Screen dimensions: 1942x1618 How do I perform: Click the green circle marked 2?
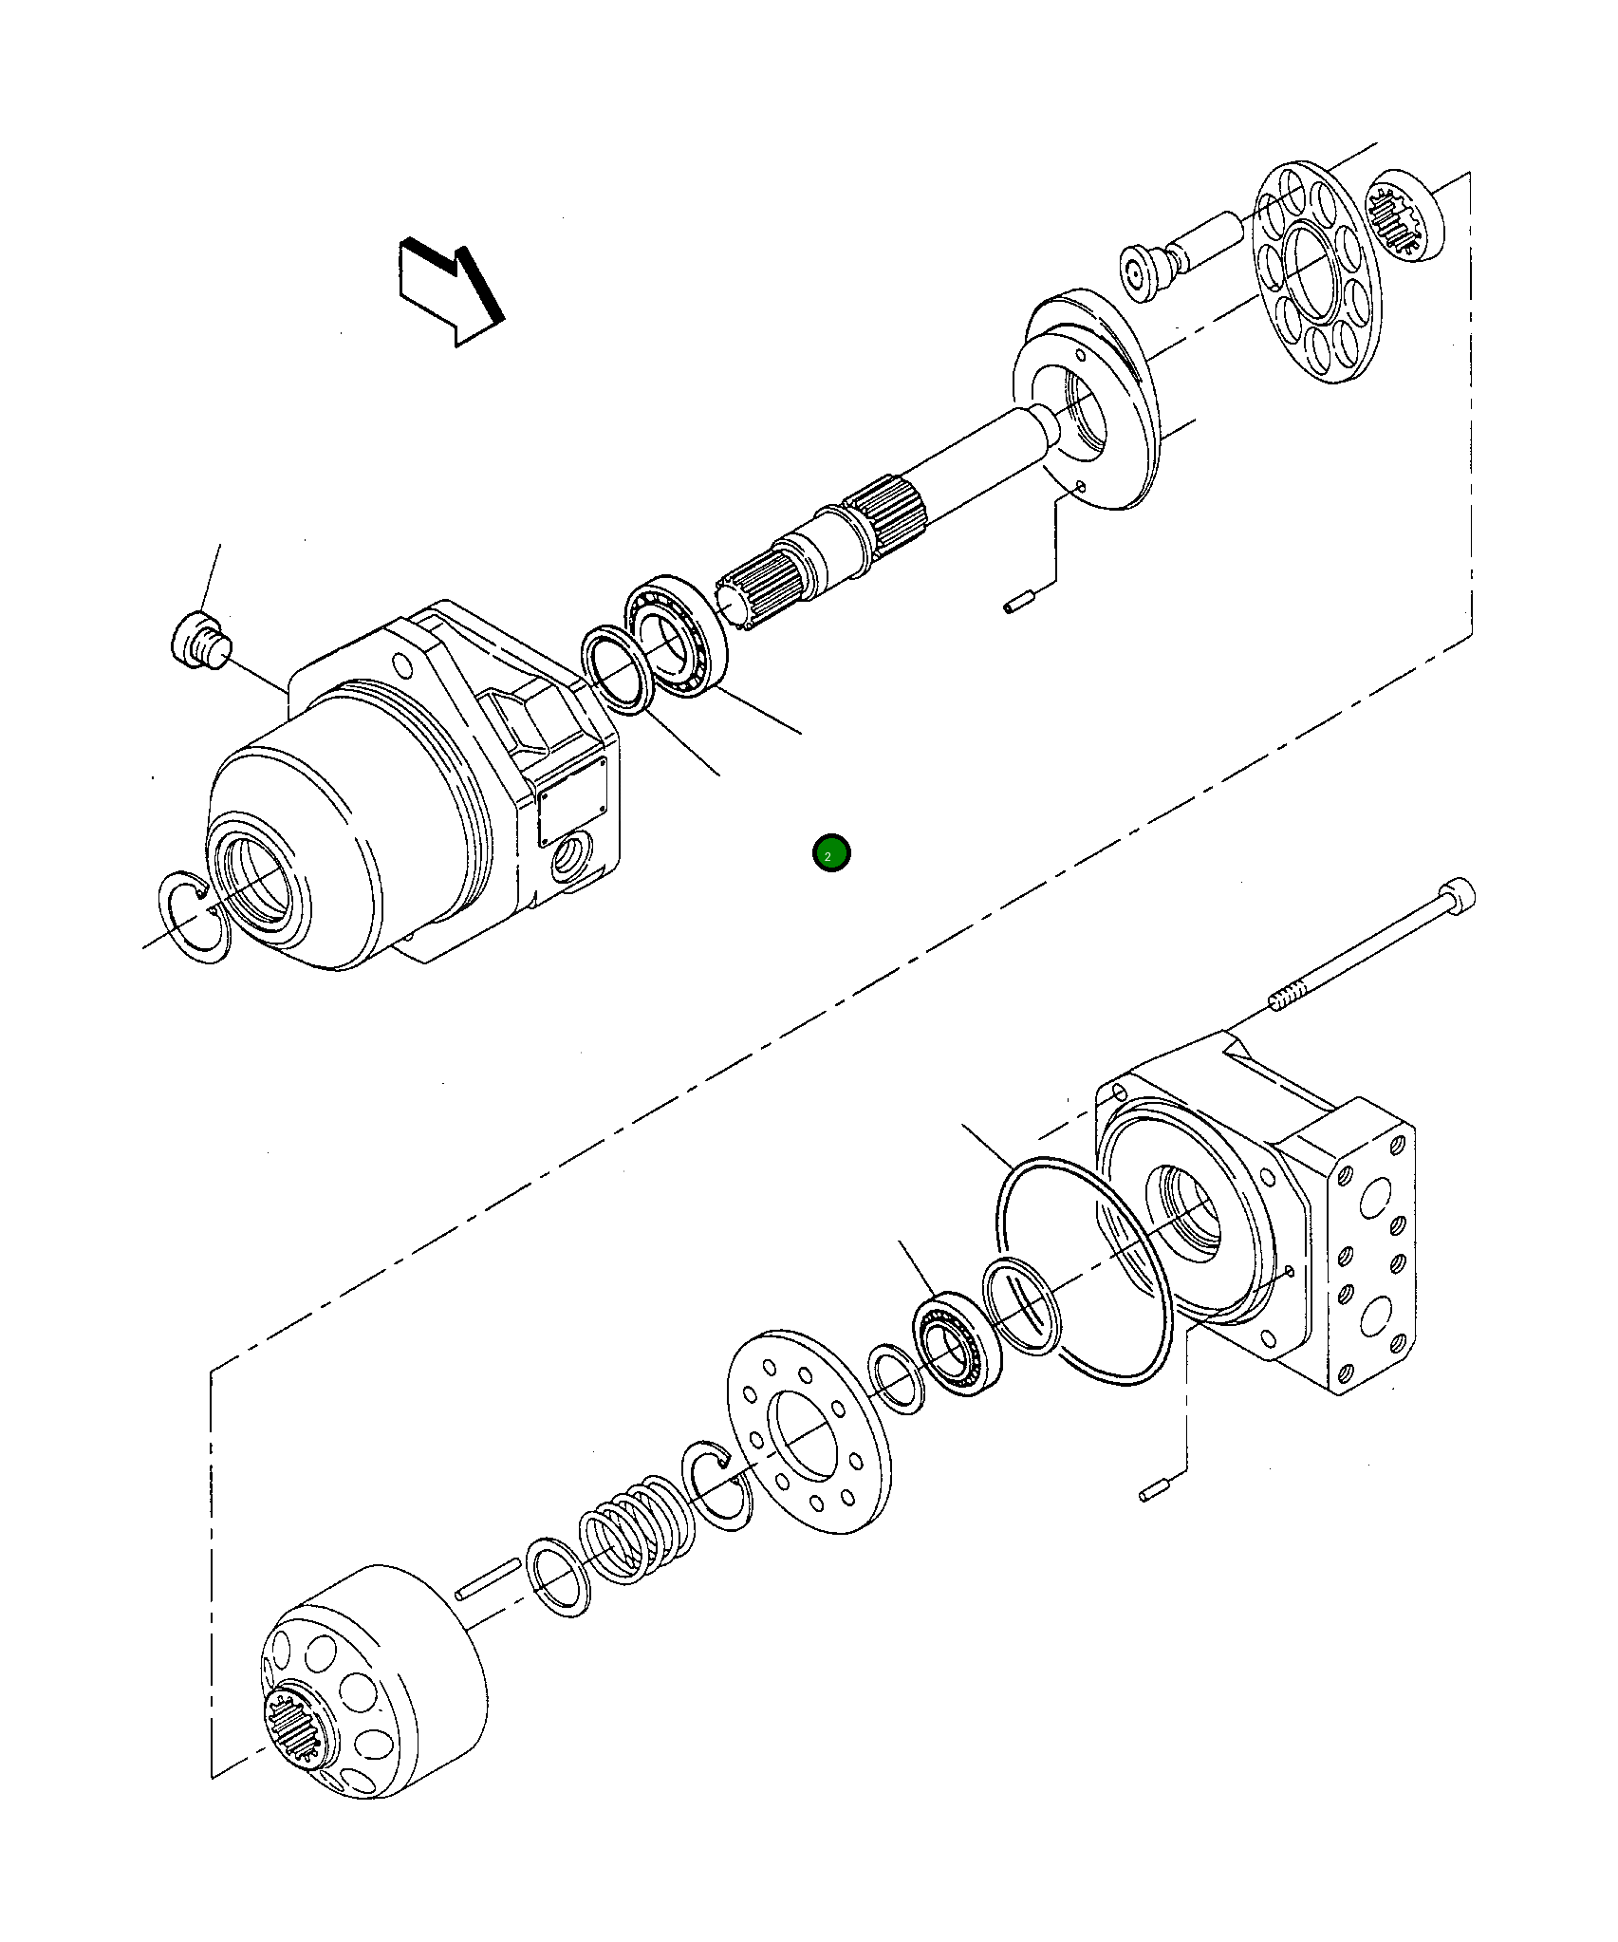pyautogui.click(x=831, y=853)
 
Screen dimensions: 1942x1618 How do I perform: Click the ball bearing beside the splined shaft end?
pyautogui.click(x=676, y=635)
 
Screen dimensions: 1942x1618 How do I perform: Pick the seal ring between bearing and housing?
pyautogui.click(x=616, y=669)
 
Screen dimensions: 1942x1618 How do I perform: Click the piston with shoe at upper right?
pyautogui.click(x=1150, y=271)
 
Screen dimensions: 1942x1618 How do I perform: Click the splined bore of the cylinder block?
pyautogui.click(x=299, y=1734)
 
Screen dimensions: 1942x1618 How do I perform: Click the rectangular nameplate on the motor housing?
pyautogui.click(x=572, y=801)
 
